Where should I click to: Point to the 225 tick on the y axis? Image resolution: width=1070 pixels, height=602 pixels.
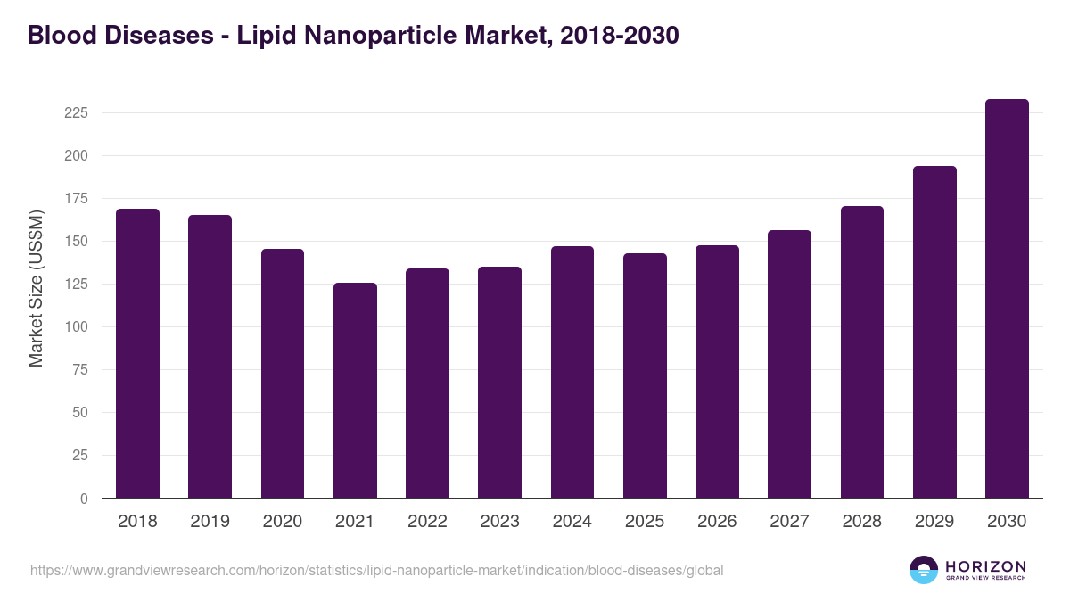(x=76, y=113)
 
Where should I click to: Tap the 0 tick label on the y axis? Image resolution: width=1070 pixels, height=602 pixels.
(x=84, y=499)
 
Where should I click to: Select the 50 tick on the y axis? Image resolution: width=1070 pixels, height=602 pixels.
(x=79, y=413)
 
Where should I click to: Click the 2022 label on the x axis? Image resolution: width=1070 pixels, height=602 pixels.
(x=427, y=522)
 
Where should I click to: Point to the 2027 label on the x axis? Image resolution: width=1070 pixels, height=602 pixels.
(x=789, y=522)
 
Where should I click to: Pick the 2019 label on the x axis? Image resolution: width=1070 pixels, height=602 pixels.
(x=210, y=522)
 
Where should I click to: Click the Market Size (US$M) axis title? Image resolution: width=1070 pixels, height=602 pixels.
(x=36, y=287)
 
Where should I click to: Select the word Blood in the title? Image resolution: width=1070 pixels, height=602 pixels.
(x=59, y=35)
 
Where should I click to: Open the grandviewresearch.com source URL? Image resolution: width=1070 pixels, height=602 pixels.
(x=376, y=570)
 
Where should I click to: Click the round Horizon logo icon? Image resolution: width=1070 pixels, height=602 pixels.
(x=924, y=570)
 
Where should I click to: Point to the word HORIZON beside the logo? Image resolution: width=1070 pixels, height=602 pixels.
(x=985, y=566)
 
